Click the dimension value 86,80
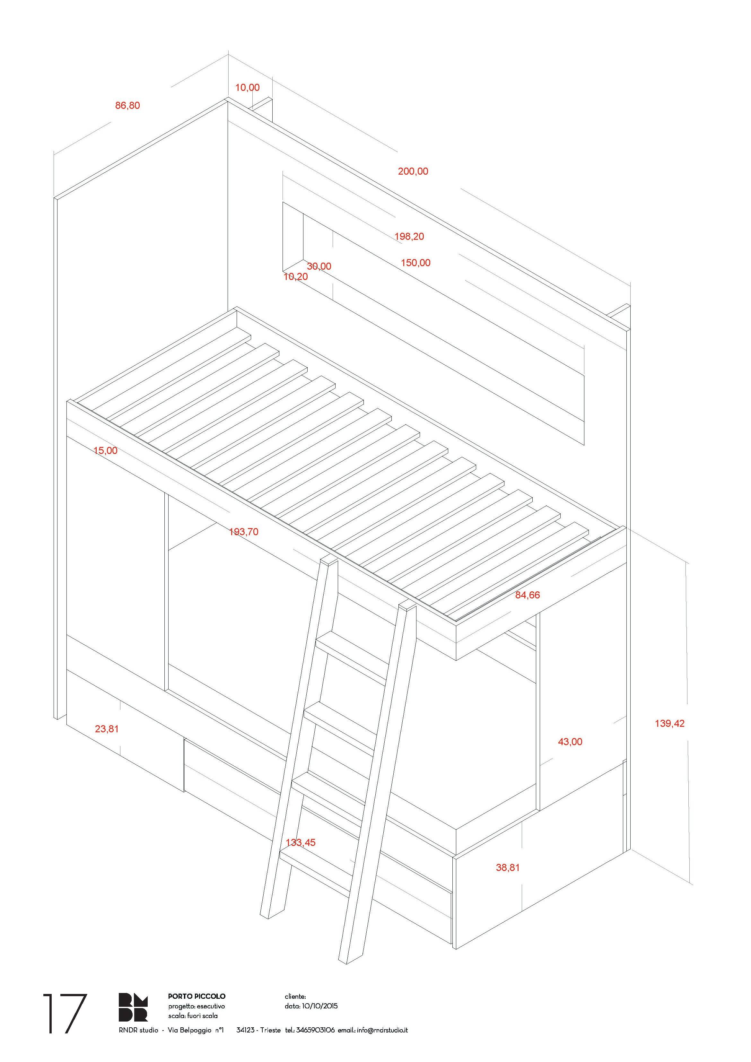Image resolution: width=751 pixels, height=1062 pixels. pos(127,105)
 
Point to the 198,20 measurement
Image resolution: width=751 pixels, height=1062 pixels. pos(409,236)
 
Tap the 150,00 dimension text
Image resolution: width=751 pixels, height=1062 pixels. pos(415,263)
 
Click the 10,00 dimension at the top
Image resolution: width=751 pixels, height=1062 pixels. pos(248,87)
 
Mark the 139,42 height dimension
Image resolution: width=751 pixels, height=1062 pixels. pos(669,723)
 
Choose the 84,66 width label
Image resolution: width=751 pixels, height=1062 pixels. pos(528,595)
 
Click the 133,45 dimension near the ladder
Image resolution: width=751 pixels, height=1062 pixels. pos(301,843)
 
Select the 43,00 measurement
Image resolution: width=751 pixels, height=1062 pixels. pos(570,742)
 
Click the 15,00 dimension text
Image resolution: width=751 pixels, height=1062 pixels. pos(106,450)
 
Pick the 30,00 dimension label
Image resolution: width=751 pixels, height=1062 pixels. pos(319,266)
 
